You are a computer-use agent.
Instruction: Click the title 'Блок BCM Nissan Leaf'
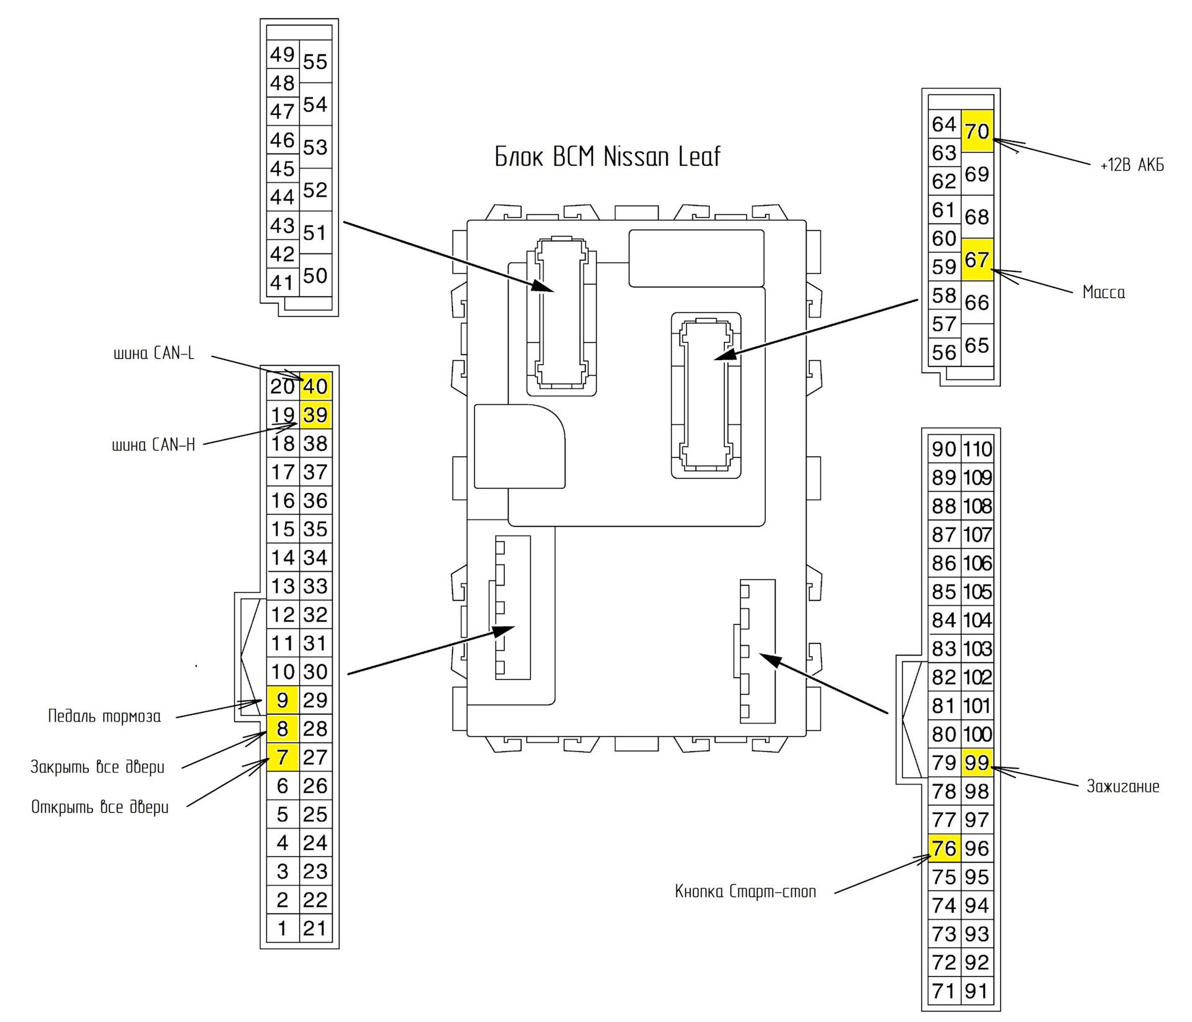pos(607,156)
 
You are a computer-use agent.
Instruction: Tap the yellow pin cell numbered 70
pos(977,132)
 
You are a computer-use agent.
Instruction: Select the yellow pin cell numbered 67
pos(977,260)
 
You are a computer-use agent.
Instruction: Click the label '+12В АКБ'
pos(1132,166)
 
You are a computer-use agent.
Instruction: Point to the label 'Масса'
pos(1103,292)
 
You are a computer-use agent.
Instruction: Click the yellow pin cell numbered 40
pos(315,386)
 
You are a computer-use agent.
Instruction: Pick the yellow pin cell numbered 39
pos(315,415)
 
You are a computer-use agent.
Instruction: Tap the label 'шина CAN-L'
pos(154,354)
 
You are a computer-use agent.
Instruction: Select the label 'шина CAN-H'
pos(154,445)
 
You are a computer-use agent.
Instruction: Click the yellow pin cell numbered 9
pos(282,700)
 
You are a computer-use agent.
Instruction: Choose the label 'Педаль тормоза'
pos(104,717)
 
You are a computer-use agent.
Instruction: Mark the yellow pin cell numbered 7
pos(282,757)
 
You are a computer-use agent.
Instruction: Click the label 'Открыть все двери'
pos(100,807)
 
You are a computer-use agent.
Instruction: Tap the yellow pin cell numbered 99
pos(977,762)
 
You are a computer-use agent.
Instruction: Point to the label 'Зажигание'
pos(1122,787)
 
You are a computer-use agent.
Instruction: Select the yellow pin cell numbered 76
pos(944,848)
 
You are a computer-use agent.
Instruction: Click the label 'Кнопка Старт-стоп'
pos(745,892)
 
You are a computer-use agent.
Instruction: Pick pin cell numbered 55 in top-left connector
pos(315,62)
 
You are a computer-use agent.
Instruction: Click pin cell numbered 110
pos(977,449)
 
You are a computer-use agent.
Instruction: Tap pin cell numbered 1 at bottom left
pos(282,929)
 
